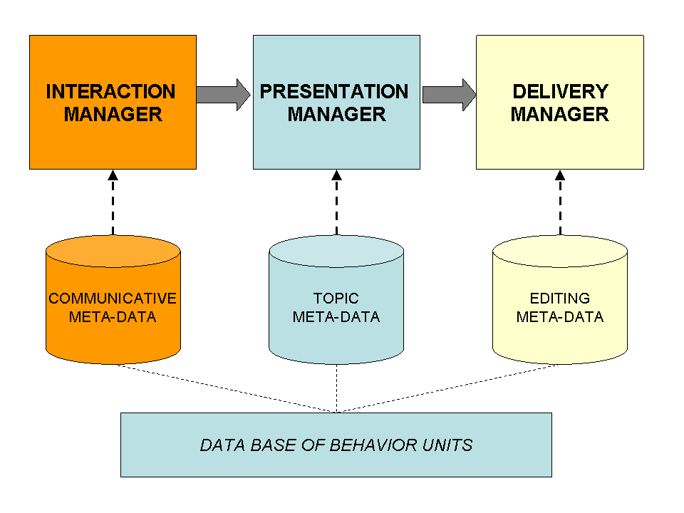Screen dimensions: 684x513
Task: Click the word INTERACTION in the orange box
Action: pos(111,92)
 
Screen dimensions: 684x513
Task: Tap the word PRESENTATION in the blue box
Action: pos(334,92)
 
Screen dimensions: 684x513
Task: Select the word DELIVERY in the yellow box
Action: pos(561,92)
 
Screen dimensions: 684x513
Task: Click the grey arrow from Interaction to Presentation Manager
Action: pos(223,95)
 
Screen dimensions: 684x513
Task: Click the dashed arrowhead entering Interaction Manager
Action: pos(113,175)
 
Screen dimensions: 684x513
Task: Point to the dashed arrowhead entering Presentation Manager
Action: pos(337,175)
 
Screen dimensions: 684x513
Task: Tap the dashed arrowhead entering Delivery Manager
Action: pos(560,175)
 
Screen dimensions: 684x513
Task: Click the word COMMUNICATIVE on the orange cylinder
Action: pos(113,299)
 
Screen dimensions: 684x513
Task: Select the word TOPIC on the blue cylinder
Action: pos(336,299)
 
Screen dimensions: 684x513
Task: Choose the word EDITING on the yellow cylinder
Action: pos(560,299)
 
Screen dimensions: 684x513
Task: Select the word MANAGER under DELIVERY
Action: pos(560,114)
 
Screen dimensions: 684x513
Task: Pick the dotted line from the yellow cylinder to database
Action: pos(447,388)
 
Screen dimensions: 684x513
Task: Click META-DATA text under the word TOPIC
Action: pos(336,316)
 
